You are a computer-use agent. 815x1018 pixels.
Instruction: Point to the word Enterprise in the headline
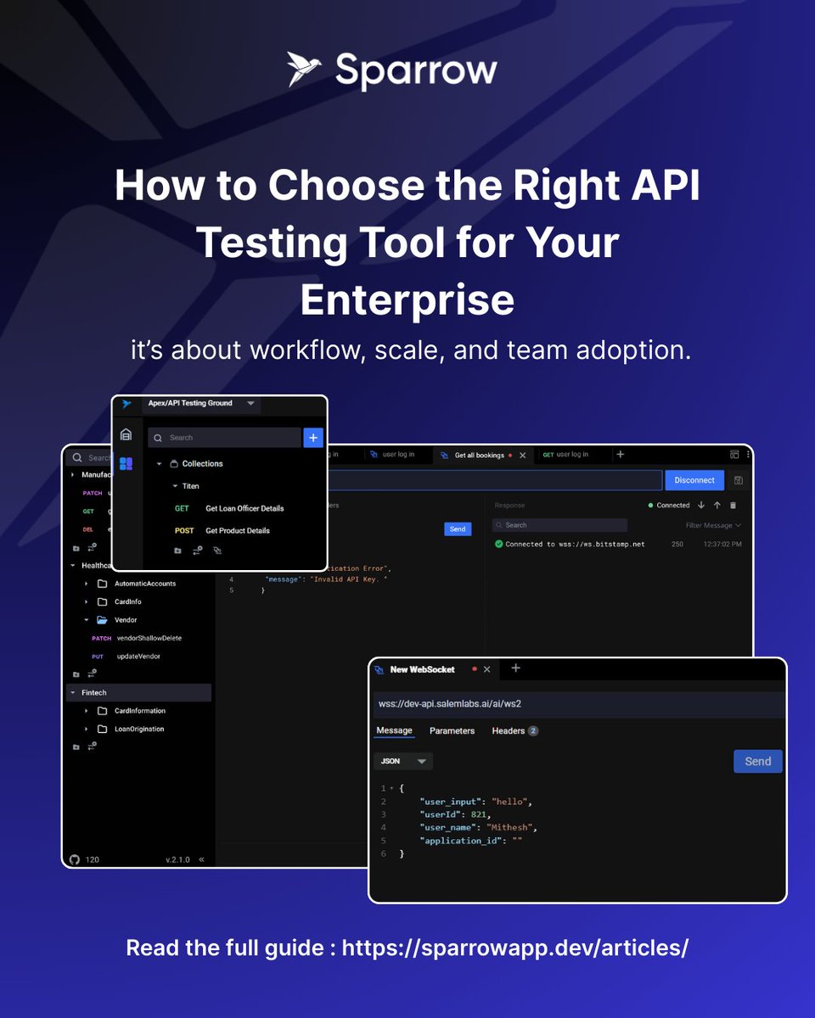(407, 299)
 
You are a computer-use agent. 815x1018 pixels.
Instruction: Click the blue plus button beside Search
(313, 438)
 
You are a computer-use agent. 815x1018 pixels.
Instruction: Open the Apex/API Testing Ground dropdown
(250, 404)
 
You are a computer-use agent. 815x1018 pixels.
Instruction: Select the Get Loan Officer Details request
(244, 508)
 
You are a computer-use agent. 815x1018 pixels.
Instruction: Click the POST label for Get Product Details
(184, 530)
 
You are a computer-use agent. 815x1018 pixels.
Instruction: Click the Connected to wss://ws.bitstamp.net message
(574, 544)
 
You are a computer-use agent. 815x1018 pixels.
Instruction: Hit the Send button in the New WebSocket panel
(757, 761)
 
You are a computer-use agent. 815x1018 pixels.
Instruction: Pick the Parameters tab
(452, 730)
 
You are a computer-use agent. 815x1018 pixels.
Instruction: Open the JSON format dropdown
(403, 761)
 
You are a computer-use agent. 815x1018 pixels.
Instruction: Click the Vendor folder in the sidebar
(126, 620)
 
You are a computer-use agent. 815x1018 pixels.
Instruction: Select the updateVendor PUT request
(138, 657)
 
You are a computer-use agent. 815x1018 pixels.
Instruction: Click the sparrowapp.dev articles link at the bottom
(514, 948)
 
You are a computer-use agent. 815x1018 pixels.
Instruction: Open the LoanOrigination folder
(139, 729)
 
